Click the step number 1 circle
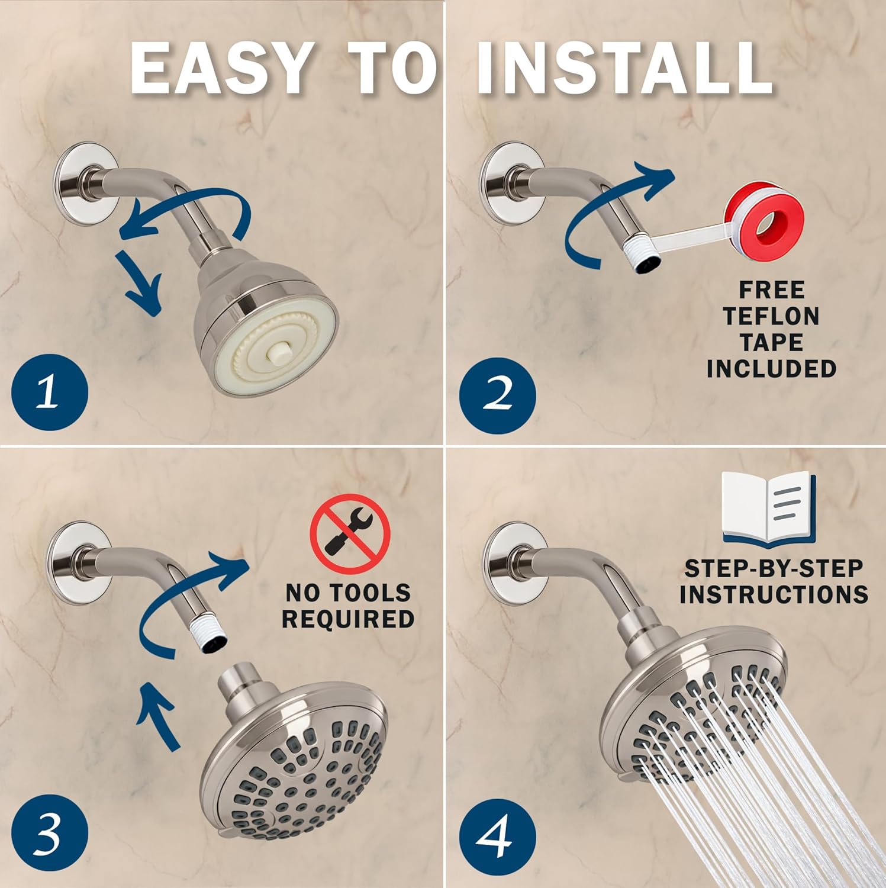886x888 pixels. click(50, 392)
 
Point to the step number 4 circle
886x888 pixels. click(498, 836)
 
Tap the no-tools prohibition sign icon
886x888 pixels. click(350, 535)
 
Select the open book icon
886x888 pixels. click(769, 508)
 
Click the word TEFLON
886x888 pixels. click(771, 316)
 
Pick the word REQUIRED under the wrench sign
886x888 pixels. click(348, 619)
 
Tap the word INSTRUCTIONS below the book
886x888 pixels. click(774, 594)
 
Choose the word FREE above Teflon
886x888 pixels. click(771, 290)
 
